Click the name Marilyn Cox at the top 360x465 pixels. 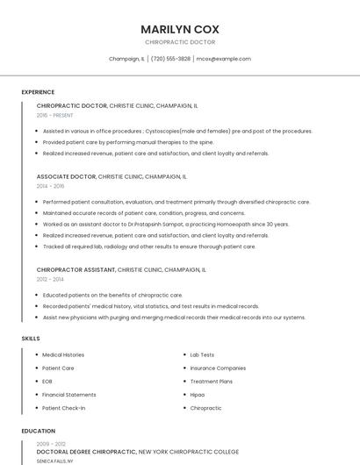(179, 29)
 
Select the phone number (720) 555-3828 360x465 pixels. (170, 59)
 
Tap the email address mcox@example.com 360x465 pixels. (223, 59)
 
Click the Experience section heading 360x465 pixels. (38, 92)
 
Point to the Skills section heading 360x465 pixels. (31, 338)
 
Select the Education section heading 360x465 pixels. (38, 431)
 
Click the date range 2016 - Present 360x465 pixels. (55, 115)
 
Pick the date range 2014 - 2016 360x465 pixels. (50, 186)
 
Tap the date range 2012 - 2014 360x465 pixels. (50, 279)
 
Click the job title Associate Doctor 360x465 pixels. (66, 176)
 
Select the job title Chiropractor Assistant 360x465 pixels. (76, 269)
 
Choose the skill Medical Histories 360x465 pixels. (63, 354)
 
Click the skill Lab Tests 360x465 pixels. (202, 354)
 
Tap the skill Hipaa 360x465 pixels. (198, 395)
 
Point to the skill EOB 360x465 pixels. (47, 382)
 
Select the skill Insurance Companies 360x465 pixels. (218, 368)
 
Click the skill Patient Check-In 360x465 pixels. (64, 408)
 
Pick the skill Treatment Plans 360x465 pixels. (212, 382)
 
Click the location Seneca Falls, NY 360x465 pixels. (54, 461)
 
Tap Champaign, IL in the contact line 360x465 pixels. (126, 59)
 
